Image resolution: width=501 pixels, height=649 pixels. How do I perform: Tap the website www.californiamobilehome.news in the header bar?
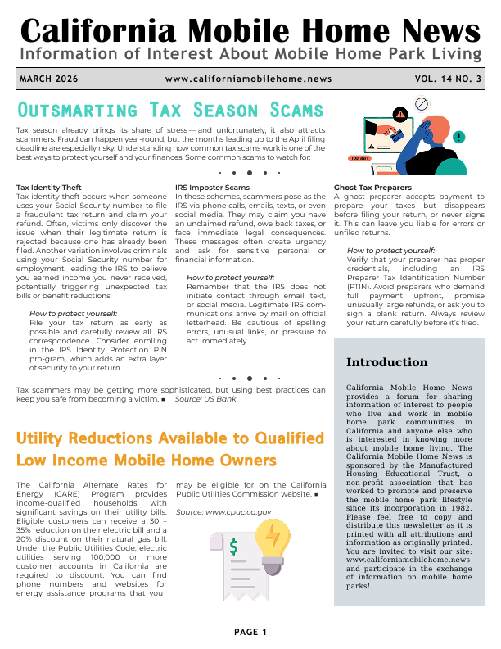[x=248, y=79]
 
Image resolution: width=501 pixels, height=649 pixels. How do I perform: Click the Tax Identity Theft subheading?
[x=49, y=188]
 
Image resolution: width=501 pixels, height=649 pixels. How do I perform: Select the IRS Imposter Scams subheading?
[x=212, y=188]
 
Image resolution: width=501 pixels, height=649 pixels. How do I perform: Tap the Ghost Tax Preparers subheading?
[x=372, y=188]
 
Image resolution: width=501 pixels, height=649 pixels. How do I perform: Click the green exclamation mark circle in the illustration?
[x=459, y=137]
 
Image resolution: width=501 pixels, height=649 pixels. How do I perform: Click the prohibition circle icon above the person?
[x=422, y=104]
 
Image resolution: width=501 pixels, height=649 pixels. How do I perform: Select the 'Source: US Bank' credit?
[x=205, y=399]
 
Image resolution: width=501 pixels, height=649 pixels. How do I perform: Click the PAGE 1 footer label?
[x=250, y=632]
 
